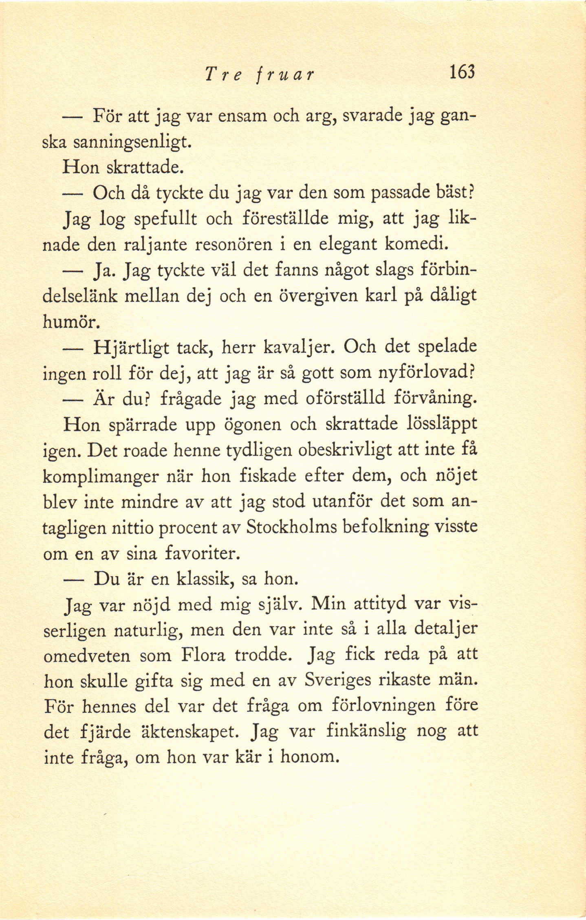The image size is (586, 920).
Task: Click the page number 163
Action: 462,73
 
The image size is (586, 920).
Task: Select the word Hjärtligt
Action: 134,348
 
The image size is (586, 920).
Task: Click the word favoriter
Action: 201,553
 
